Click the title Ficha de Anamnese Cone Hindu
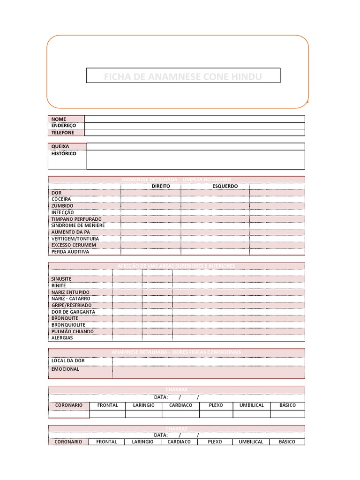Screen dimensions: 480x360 point(183,76)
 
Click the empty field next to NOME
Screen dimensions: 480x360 point(195,119)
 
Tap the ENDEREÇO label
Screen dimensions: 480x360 point(64,126)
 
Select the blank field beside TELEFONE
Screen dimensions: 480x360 point(195,133)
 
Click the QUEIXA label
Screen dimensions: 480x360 point(60,146)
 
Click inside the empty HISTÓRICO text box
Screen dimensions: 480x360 point(195,159)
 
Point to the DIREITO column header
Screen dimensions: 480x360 point(161,186)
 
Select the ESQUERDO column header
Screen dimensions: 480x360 point(225,186)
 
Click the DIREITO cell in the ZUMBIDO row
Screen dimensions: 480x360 point(151,206)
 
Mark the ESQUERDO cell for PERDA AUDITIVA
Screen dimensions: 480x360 point(215,252)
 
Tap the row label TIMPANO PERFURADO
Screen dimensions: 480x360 point(76,219)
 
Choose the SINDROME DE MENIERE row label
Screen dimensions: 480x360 point(78,225)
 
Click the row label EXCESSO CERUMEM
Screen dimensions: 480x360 point(74,245)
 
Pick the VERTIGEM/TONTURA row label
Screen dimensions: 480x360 point(75,239)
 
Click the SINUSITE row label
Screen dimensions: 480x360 point(61,279)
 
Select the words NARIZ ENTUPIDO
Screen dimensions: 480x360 point(70,292)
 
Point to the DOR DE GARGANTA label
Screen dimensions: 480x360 point(73,312)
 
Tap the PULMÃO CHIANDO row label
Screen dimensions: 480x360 point(72,331)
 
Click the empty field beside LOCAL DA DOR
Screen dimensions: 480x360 point(208,361)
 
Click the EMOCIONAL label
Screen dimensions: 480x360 point(65,369)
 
